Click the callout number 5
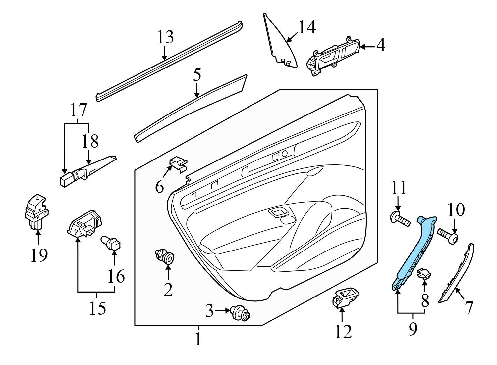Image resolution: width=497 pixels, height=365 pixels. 197,75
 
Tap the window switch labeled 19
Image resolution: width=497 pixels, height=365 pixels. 36,212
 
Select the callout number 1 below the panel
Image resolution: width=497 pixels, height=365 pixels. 198,339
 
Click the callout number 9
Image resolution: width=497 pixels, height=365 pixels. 413,329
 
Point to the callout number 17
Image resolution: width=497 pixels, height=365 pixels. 78,110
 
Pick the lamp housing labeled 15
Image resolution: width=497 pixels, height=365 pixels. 84,223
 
